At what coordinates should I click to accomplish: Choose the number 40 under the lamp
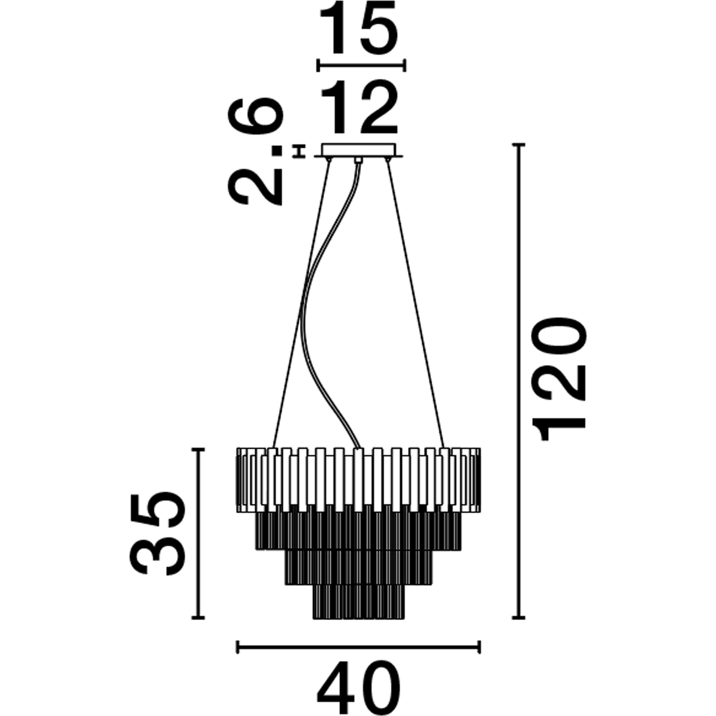tap(359, 687)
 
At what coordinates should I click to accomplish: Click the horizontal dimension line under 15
tap(361, 66)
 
